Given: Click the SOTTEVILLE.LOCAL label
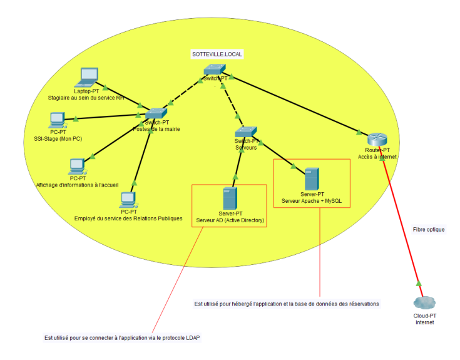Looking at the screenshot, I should (x=217, y=54).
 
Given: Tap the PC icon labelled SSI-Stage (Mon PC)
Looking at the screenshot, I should (x=58, y=119).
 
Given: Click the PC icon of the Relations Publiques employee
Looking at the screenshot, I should (x=128, y=200).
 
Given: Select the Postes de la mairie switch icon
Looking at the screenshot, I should (x=156, y=113).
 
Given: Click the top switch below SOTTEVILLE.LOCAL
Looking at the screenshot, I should (x=215, y=70).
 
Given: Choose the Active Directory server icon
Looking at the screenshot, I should (x=230, y=198).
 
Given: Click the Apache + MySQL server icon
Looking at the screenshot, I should (x=312, y=179).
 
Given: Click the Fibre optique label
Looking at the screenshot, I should (x=428, y=230).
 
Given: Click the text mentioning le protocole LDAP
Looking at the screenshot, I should (x=126, y=338).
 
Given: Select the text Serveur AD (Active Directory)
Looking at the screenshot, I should (x=230, y=220).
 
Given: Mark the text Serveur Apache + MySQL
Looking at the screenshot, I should (x=312, y=201).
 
